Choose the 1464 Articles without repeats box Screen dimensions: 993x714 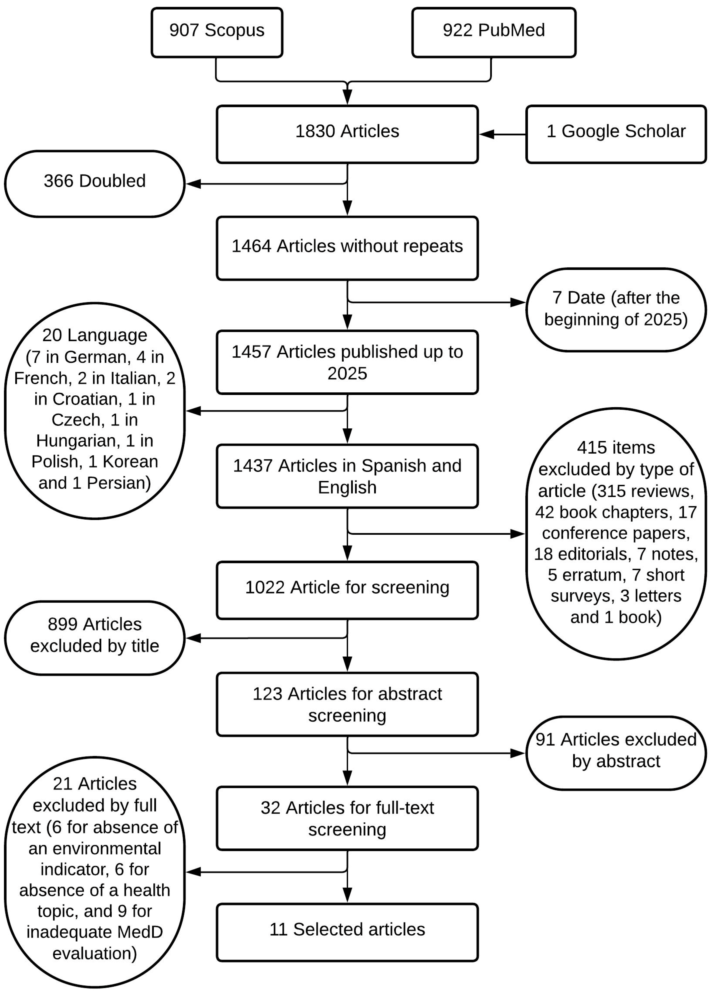pos(347,248)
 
